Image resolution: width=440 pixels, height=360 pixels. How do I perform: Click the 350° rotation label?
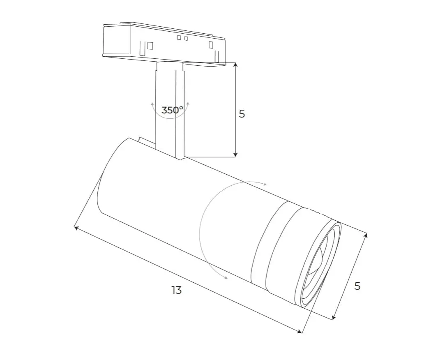pyautogui.click(x=172, y=110)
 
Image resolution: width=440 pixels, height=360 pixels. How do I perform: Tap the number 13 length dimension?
pyautogui.click(x=177, y=290)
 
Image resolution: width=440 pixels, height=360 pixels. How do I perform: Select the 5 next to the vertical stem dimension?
pyautogui.click(x=242, y=114)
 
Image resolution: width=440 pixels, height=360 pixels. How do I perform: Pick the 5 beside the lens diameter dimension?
pyautogui.click(x=357, y=286)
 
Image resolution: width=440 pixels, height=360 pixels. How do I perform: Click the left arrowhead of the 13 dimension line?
pyautogui.click(x=76, y=228)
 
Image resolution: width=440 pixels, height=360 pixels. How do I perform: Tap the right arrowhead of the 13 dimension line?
pyautogui.click(x=299, y=331)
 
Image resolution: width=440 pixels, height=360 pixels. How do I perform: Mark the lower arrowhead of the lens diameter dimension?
pyautogui.click(x=334, y=317)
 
